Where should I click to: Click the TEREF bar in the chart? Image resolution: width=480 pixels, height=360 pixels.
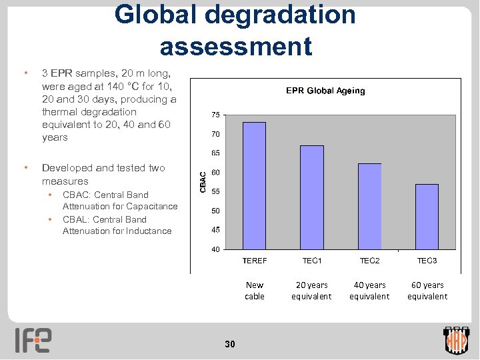[254, 185]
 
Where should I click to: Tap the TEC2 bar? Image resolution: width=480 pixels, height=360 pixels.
[369, 206]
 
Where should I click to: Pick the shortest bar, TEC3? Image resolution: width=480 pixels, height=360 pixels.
[427, 216]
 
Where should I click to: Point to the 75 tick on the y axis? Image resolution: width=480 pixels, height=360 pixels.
[216, 115]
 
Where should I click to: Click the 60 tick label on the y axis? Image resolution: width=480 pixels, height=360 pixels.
[216, 173]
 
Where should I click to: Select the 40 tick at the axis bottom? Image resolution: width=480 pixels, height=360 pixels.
[216, 249]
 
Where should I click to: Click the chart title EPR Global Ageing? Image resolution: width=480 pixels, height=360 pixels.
[325, 91]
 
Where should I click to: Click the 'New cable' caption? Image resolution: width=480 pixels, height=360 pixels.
[255, 291]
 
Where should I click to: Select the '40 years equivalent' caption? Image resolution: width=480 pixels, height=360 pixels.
[369, 291]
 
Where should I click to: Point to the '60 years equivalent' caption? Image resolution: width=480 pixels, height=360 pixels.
[427, 291]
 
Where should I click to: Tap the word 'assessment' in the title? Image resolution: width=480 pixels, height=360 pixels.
[235, 46]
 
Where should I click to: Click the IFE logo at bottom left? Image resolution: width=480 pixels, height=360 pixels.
[33, 340]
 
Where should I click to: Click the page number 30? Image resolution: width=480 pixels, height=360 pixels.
[230, 344]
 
